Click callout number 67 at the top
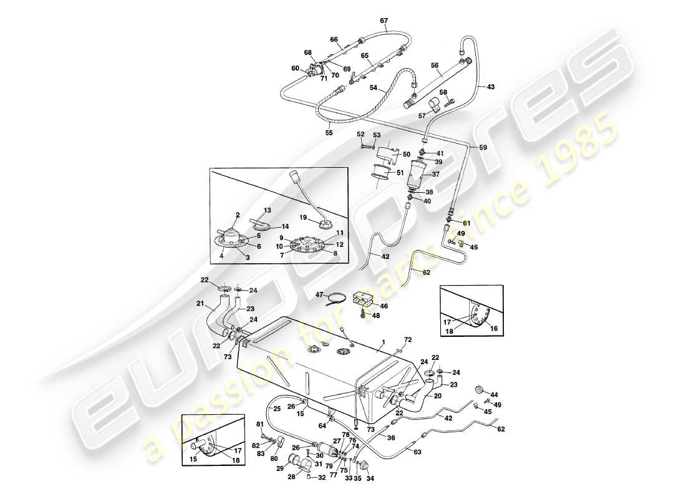click(x=384, y=21)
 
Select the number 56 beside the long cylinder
click(x=435, y=64)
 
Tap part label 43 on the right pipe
click(x=491, y=86)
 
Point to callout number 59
click(x=483, y=148)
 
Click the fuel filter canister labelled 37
click(x=417, y=175)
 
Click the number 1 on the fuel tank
click(x=384, y=341)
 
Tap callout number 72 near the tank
click(x=408, y=340)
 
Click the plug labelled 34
click(x=364, y=467)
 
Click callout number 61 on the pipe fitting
click(x=467, y=223)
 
